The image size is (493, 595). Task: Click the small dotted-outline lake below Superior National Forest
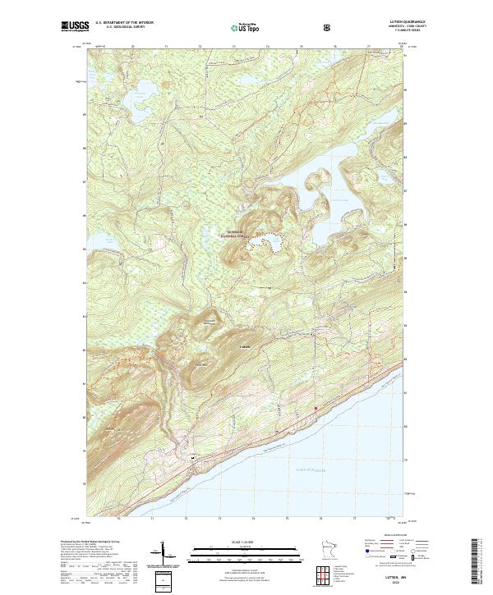[x=268, y=244]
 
